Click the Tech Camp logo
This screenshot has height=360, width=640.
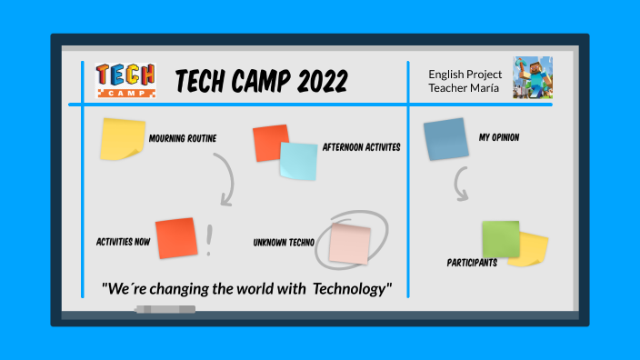coord(125,81)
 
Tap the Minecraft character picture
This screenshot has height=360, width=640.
coord(533,78)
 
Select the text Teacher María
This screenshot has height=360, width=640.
coord(464,87)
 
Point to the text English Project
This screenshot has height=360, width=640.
coord(464,73)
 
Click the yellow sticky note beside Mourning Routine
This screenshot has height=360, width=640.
coord(122,138)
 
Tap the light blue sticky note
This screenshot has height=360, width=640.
coord(298,161)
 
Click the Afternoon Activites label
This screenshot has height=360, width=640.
coord(361,146)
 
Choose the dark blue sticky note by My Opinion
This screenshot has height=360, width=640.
coord(445,139)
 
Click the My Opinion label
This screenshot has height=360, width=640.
coord(499,137)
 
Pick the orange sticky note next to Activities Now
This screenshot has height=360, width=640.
coord(175,238)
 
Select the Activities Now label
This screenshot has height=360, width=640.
coord(123,242)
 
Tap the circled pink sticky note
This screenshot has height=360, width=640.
coord(350,243)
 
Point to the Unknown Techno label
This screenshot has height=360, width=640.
coord(284,243)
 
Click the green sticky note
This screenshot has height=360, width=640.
coord(501,238)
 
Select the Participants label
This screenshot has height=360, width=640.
coord(472,263)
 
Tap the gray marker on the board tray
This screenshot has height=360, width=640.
coord(165,310)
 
